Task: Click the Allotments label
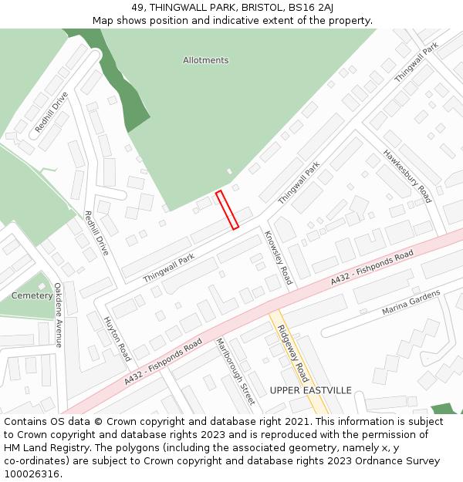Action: (206, 60)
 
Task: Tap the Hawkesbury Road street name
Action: (407, 175)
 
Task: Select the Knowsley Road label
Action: (278, 258)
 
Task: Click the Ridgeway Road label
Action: (293, 352)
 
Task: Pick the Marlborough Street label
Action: (235, 371)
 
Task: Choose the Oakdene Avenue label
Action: (58, 315)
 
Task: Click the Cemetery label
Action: (32, 295)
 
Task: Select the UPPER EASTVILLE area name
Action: (310, 390)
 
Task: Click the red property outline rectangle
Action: (227, 210)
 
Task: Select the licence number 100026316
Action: (33, 474)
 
